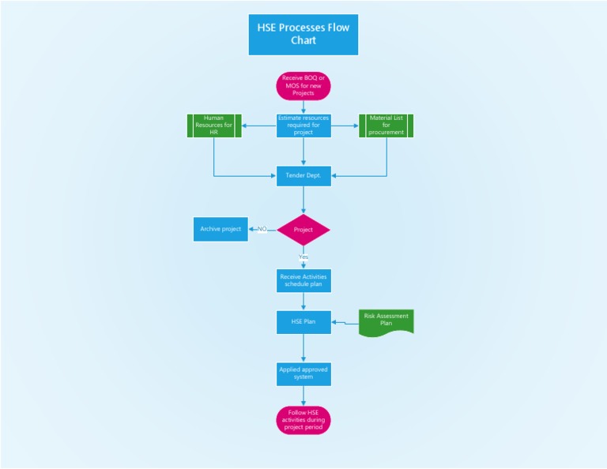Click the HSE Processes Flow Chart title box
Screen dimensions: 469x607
pos(303,35)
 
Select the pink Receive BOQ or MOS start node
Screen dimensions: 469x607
pos(303,85)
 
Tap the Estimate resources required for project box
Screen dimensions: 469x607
pos(303,126)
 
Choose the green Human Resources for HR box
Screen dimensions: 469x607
pos(214,126)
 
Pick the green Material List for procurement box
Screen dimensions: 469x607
pos(386,126)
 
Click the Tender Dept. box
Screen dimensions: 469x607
pos(303,175)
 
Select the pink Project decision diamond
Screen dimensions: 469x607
pos(303,230)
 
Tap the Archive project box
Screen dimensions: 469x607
pos(221,229)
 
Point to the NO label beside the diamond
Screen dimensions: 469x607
pos(262,229)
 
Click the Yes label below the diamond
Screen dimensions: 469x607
pos(303,257)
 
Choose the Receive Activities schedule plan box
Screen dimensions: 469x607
pos(303,280)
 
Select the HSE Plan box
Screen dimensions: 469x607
pos(303,322)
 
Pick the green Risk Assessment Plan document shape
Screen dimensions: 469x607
pos(386,321)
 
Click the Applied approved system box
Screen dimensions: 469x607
pos(303,373)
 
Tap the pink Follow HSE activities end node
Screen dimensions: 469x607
pos(303,420)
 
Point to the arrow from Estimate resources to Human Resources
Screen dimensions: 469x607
pos(258,126)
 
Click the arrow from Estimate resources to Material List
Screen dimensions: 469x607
pos(345,126)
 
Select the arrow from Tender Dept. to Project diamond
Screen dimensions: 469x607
pos(303,200)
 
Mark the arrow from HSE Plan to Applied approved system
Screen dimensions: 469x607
pos(303,347)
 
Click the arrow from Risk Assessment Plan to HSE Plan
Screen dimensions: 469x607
pos(345,322)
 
